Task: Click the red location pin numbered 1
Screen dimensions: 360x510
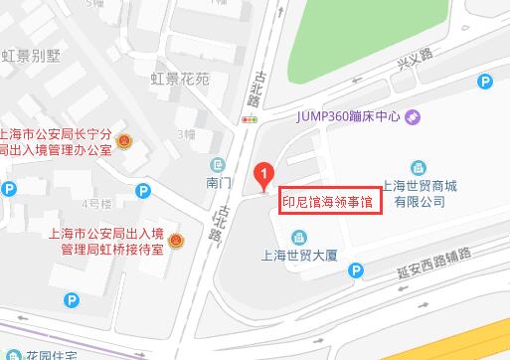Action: pyautogui.click(x=262, y=175)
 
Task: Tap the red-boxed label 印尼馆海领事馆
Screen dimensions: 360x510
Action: pyautogui.click(x=329, y=200)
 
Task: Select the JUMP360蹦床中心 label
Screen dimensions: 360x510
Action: pyautogui.click(x=347, y=116)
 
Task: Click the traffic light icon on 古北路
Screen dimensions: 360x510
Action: pyautogui.click(x=248, y=119)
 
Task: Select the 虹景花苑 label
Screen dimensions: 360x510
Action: pyautogui.click(x=180, y=79)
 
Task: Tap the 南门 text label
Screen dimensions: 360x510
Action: pyautogui.click(x=218, y=183)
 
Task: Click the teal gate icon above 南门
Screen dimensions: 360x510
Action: pyautogui.click(x=218, y=164)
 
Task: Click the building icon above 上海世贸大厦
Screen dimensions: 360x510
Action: pyautogui.click(x=297, y=236)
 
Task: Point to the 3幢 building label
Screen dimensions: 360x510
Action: pyautogui.click(x=184, y=133)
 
